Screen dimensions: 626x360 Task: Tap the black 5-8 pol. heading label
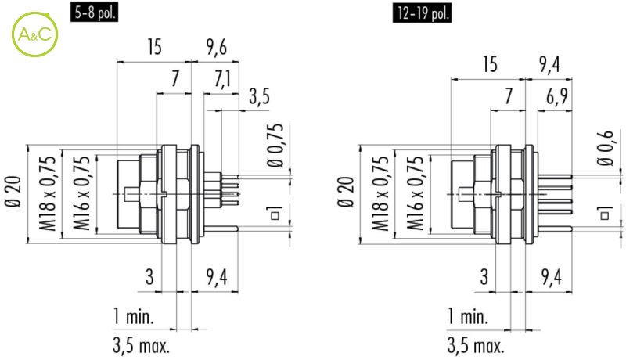coord(94,13)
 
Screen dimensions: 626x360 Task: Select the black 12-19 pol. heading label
coord(422,13)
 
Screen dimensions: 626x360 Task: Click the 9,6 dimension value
coord(217,47)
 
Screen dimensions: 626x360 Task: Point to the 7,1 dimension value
coord(222,79)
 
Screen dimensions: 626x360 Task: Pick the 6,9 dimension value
coord(557,96)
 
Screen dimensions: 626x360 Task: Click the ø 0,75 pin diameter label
coord(275,145)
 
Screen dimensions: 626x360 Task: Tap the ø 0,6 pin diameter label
coord(605,148)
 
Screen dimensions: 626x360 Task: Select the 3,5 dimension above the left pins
coord(259,96)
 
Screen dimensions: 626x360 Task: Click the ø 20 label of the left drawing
coord(13,192)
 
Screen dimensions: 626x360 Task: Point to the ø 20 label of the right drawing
coord(346,192)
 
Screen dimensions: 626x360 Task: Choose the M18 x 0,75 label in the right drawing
coord(380,193)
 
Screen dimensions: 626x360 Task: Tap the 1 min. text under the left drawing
coord(134,316)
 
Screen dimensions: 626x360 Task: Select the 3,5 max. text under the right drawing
coord(476,345)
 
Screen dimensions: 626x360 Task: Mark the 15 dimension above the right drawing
coord(490,64)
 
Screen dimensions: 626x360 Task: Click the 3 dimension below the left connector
coord(149,276)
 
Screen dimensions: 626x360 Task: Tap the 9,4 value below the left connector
coord(217,276)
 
